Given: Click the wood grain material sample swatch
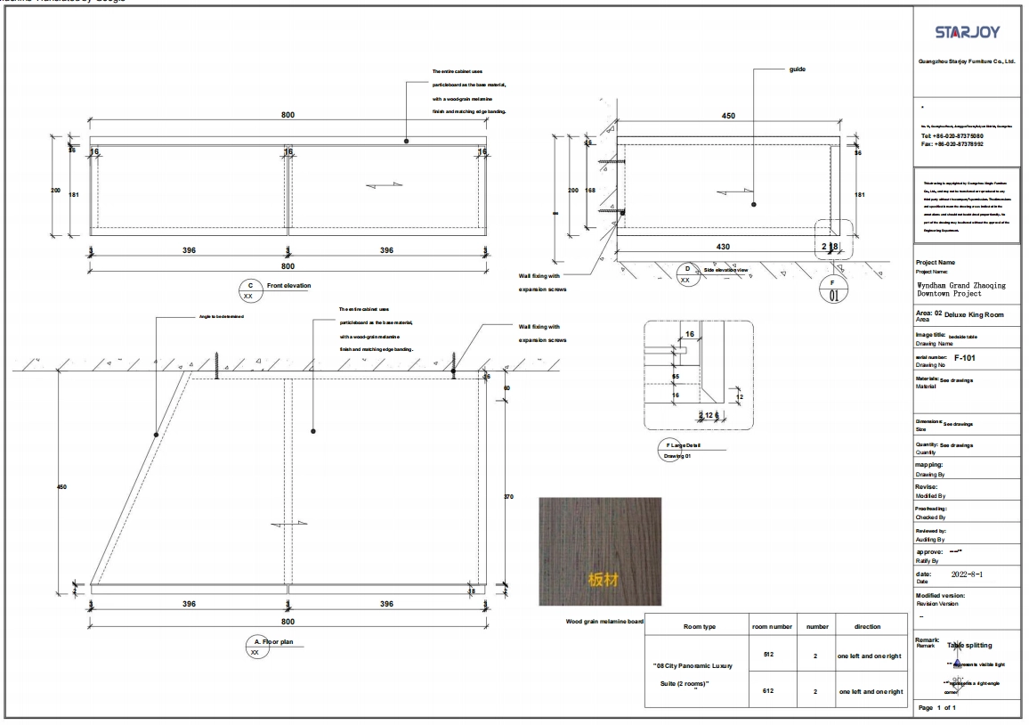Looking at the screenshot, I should pyautogui.click(x=600, y=552).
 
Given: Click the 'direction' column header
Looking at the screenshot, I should pyautogui.click(x=867, y=627).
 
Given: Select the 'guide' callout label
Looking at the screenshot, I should pyautogui.click(x=798, y=69).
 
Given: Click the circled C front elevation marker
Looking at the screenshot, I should pyautogui.click(x=250, y=286).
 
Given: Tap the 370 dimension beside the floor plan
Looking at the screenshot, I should pyautogui.click(x=508, y=496).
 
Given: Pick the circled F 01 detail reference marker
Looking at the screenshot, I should pyautogui.click(x=834, y=290).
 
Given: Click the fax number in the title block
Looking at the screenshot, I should pyautogui.click(x=952, y=143).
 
